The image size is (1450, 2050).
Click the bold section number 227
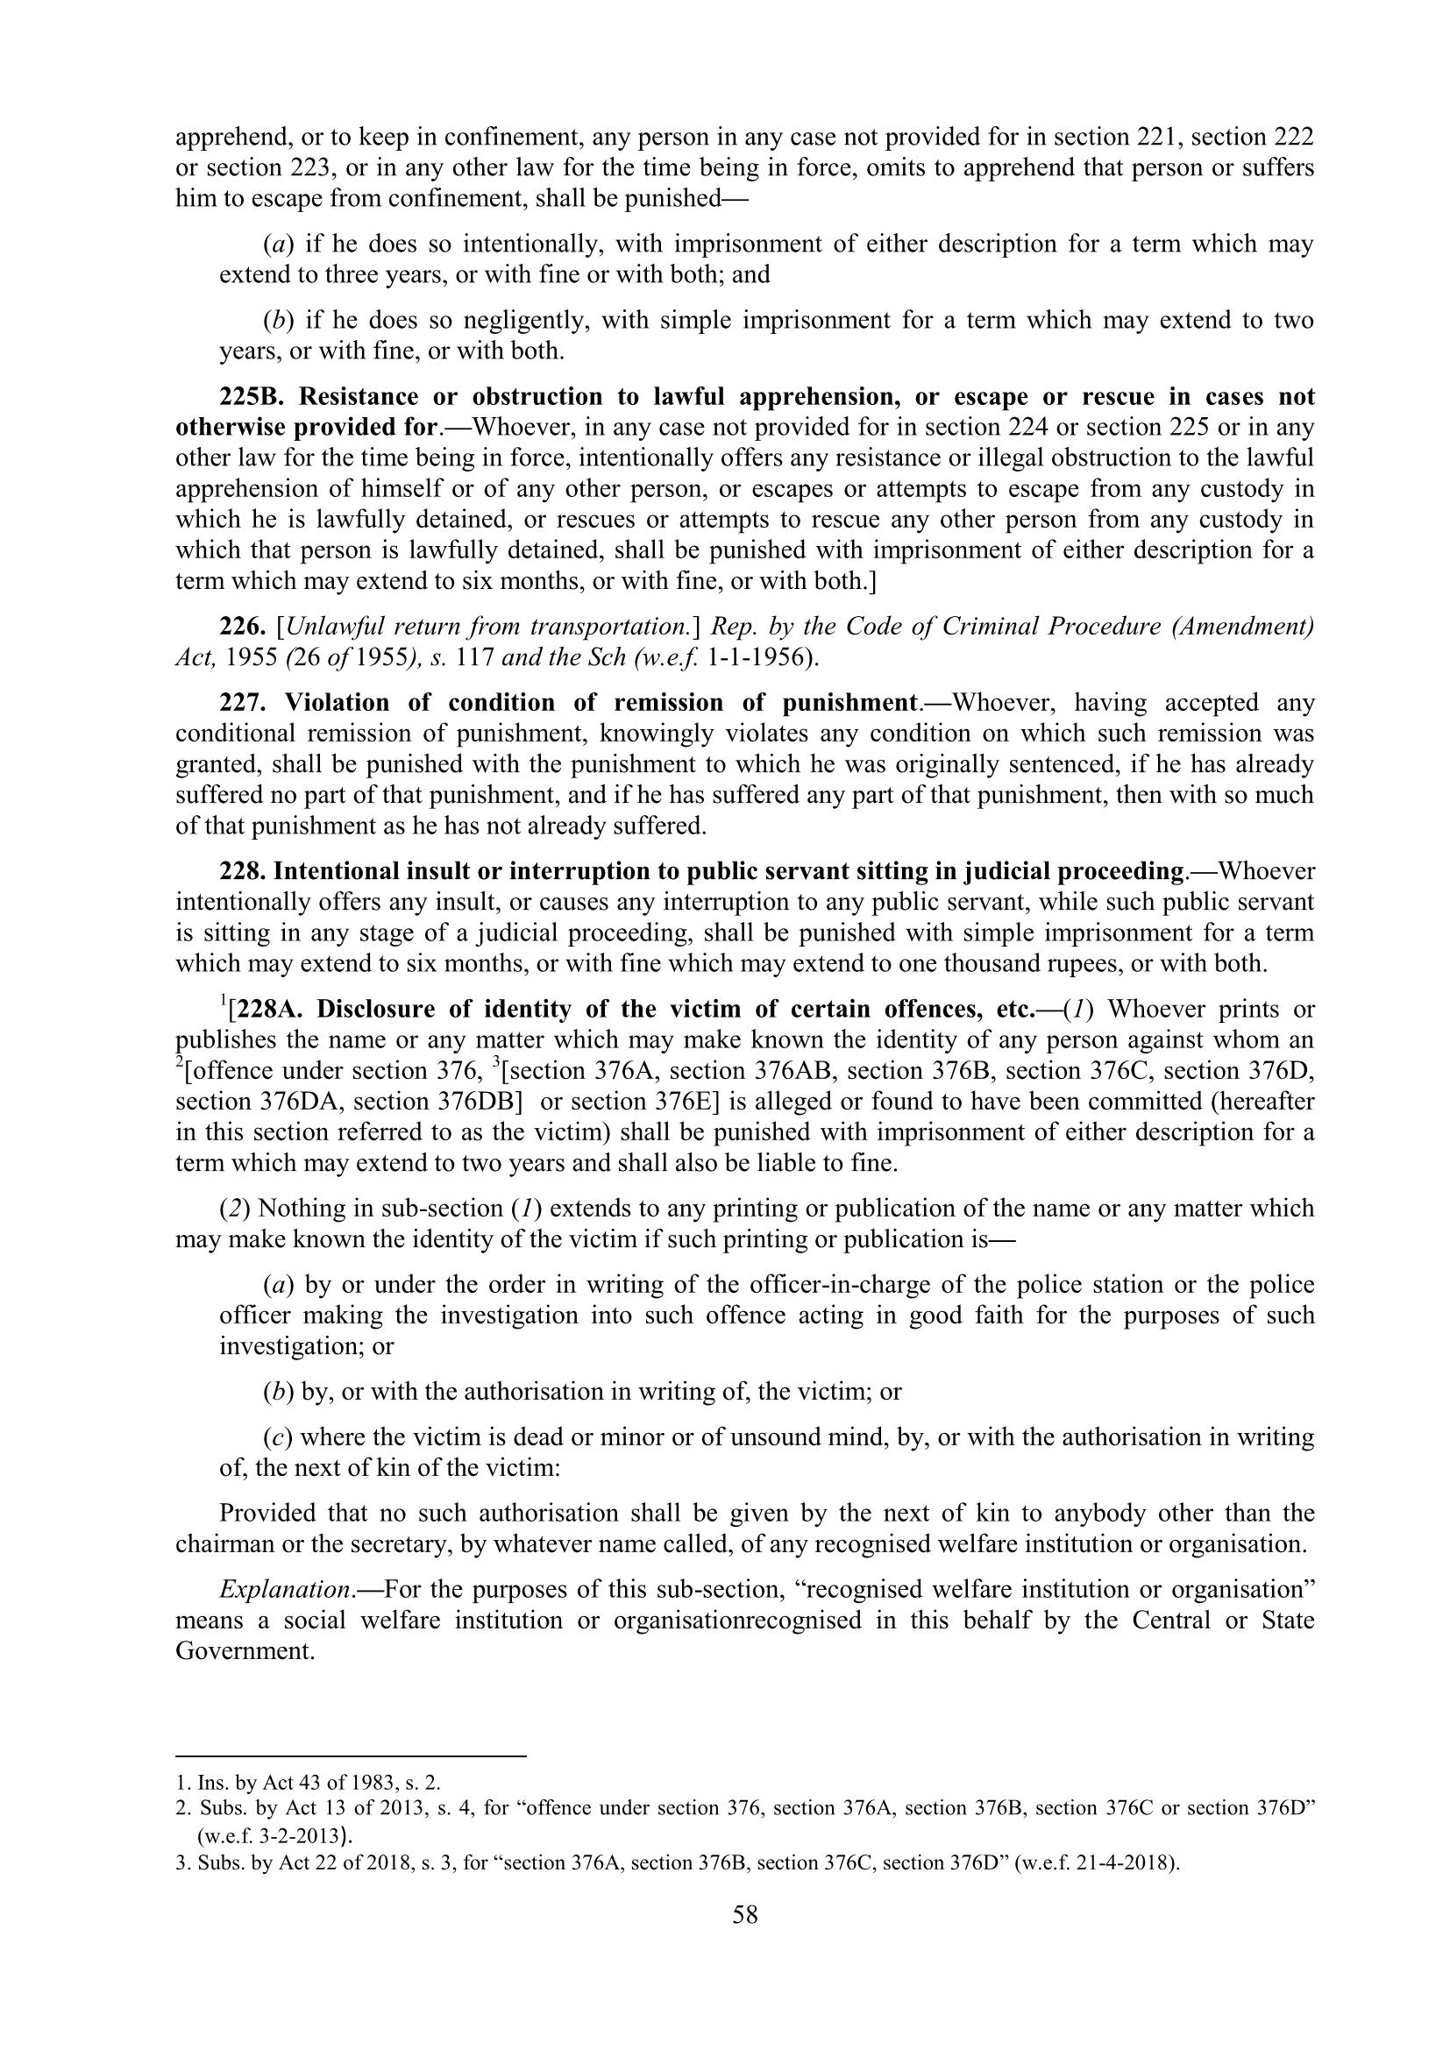pos(242,703)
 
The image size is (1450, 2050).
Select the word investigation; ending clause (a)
pos(295,1346)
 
